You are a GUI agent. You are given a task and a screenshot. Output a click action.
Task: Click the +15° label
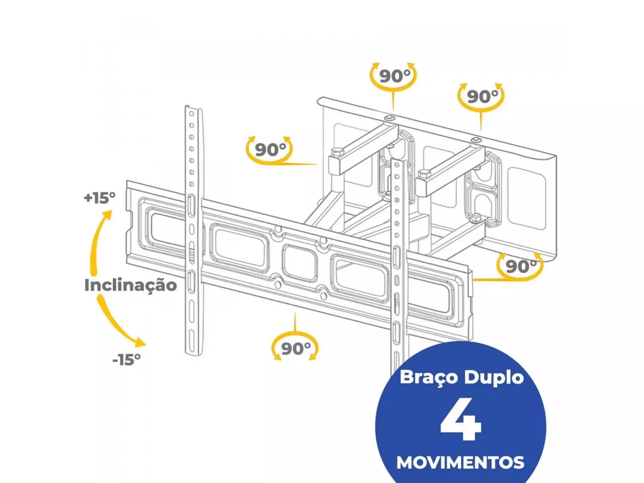coord(100,197)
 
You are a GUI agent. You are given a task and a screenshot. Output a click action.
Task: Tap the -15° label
coord(126,359)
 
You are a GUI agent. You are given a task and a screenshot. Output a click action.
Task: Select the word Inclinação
coord(130,285)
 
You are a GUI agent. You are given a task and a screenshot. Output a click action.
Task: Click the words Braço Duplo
coord(461,377)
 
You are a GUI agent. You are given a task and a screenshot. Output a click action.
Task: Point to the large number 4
coord(461,419)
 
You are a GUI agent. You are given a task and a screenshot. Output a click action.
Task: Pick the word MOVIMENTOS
coord(460,462)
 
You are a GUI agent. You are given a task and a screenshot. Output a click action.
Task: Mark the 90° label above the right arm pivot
coord(482,96)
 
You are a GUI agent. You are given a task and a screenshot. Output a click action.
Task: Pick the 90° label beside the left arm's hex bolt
coord(270,149)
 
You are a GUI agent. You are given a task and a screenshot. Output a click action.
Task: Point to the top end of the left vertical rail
coord(192,109)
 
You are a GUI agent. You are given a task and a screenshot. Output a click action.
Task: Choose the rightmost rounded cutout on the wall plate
coord(526,198)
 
